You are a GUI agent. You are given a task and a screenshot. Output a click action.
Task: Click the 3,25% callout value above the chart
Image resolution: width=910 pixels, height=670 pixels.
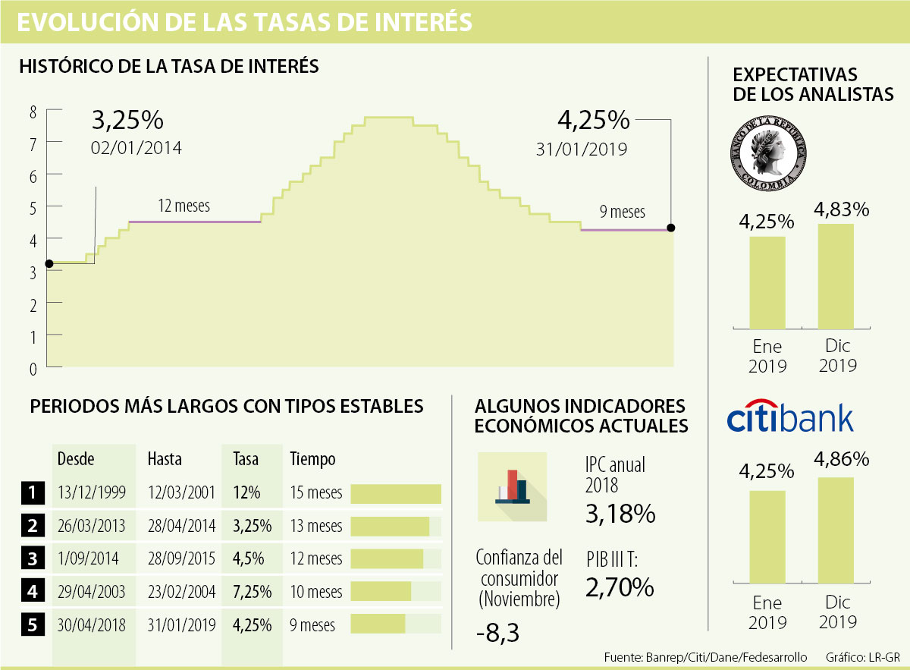point(127,121)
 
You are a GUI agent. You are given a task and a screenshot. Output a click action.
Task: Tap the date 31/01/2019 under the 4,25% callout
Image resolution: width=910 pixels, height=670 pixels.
point(581,149)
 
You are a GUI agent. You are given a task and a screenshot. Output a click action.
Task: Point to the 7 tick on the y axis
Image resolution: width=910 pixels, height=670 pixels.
point(32,143)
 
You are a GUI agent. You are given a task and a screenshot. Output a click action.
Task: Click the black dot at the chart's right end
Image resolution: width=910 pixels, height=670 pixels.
point(671,228)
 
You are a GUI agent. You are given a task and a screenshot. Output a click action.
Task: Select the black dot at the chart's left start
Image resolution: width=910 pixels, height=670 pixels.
point(49,264)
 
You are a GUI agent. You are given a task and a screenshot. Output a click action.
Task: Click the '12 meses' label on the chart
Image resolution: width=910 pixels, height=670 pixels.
point(184,206)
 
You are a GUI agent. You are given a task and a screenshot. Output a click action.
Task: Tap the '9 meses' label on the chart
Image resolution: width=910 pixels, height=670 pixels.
point(622,212)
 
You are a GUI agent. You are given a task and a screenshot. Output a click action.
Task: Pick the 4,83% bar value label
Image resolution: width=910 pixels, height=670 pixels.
point(841,209)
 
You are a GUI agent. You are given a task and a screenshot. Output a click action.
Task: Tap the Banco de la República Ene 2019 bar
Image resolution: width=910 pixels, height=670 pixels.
point(767,282)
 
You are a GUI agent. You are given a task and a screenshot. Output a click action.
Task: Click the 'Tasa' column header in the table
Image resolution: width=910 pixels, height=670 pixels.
point(246,459)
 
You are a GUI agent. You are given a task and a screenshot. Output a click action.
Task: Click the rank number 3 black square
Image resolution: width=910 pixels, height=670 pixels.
point(32,559)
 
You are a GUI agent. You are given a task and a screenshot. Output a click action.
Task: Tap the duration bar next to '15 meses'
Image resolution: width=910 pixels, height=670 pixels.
point(395,493)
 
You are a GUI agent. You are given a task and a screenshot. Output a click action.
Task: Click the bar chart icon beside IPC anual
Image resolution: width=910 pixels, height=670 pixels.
point(512,486)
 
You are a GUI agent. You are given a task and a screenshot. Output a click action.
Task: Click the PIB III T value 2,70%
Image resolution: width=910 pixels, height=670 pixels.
point(619,587)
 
